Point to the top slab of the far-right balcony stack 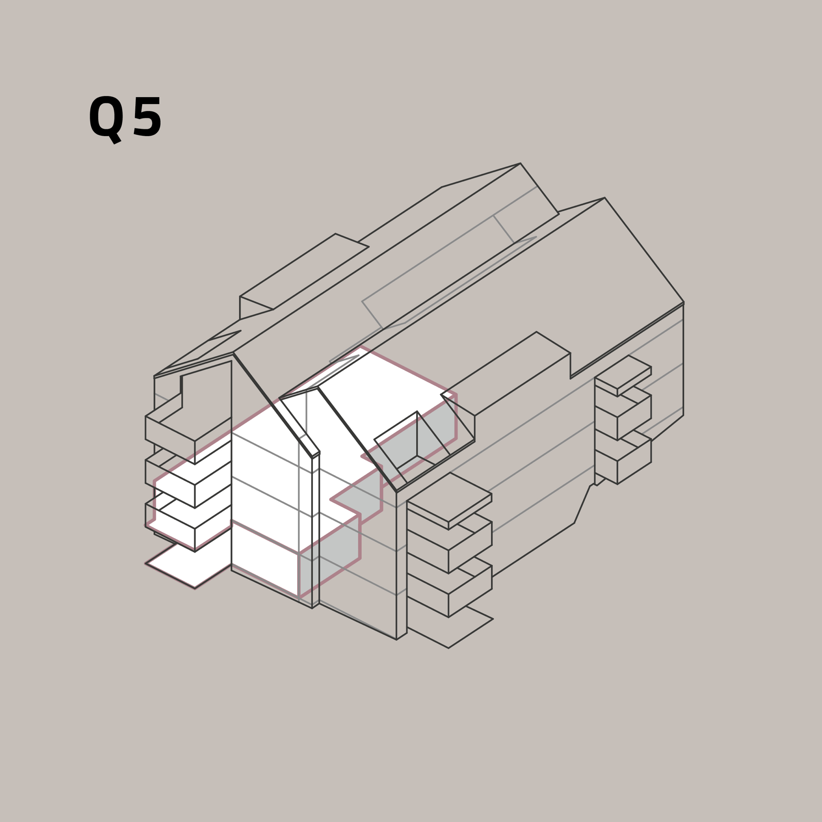tap(623, 375)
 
